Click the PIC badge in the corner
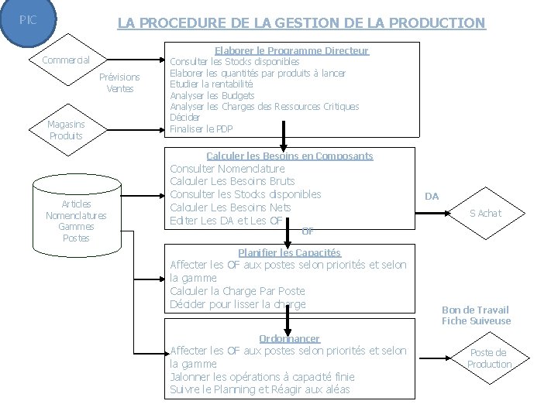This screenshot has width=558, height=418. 29,17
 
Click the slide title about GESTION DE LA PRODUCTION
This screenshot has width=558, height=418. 301,23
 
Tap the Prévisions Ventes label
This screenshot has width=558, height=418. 120,83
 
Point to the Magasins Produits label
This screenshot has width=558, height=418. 66,130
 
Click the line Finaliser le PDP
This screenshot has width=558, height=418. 201,128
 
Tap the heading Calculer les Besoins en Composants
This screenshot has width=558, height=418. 290,156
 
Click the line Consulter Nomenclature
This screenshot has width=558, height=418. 227,169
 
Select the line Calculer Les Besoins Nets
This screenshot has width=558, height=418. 231,208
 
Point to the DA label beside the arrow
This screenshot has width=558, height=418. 432,197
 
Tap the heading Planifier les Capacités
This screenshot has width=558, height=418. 289,252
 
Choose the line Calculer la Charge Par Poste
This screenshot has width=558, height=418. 237,291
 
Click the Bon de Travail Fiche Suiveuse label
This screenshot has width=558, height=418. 476,315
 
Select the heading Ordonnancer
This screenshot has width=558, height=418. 289,339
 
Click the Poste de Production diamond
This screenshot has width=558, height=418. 489,358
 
